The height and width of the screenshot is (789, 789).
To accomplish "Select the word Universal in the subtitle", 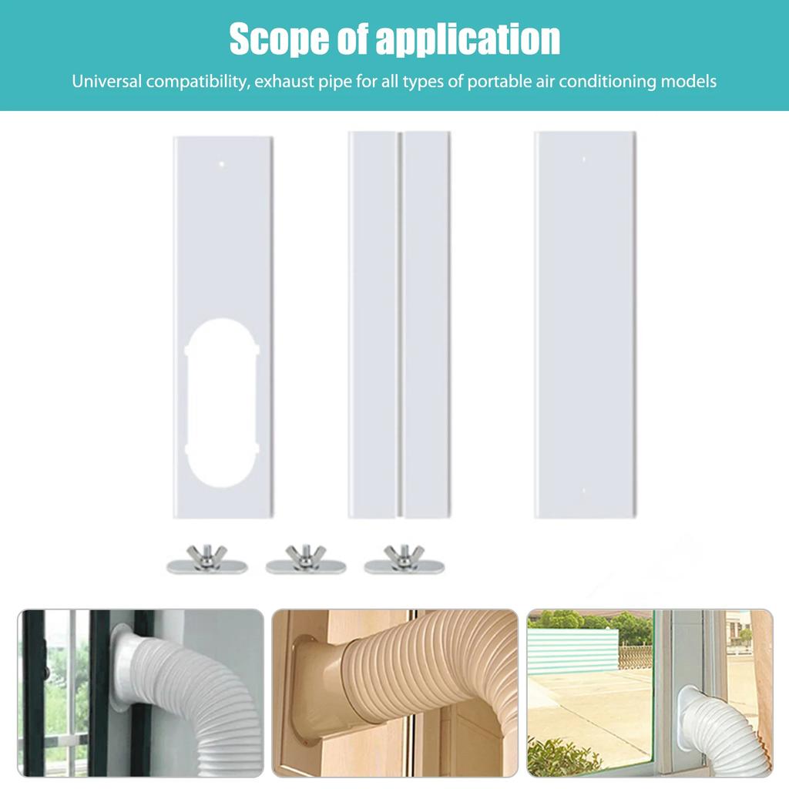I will [x=107, y=81].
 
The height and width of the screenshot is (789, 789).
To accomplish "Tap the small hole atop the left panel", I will [x=222, y=163].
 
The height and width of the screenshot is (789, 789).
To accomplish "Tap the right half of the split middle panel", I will [x=426, y=324].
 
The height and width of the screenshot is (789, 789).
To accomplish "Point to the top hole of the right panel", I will [x=583, y=159].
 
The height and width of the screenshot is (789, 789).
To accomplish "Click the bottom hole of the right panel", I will [x=583, y=490].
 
